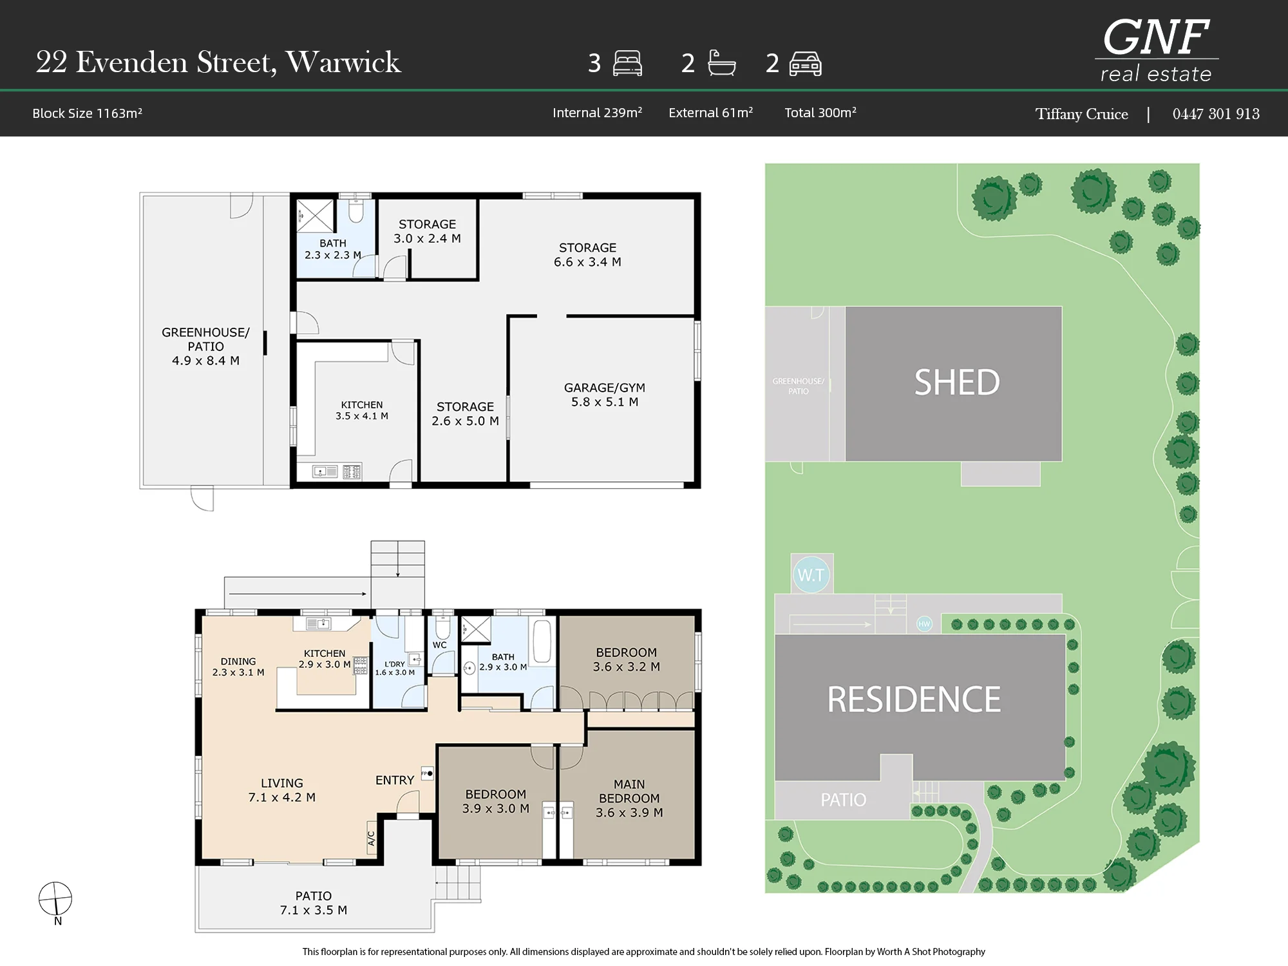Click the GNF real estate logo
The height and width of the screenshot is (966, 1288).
coord(1157,50)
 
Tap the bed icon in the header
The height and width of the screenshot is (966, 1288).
coord(627,63)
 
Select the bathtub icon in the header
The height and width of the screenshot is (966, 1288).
coord(722,63)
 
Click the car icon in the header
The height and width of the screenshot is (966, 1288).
coord(805,64)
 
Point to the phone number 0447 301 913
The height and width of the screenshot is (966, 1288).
coord(1216,114)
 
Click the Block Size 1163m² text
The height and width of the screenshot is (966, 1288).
coord(87,113)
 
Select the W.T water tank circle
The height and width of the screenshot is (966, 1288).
coord(811,574)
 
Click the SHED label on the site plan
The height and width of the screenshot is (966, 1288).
coord(957,383)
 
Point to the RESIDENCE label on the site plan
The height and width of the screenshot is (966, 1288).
coord(914,699)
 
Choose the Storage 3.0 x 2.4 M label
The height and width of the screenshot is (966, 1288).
coord(427,231)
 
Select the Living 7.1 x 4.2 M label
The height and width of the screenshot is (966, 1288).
coord(281,790)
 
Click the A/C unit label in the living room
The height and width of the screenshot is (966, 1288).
coord(371,838)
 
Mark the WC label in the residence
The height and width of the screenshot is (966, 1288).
coord(440,645)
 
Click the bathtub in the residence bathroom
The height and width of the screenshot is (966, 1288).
coord(542,641)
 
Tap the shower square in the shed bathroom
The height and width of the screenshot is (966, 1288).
coord(316,216)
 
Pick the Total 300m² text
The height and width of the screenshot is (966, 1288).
coord(820,113)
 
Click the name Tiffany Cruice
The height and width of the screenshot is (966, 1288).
coord(1081,114)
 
